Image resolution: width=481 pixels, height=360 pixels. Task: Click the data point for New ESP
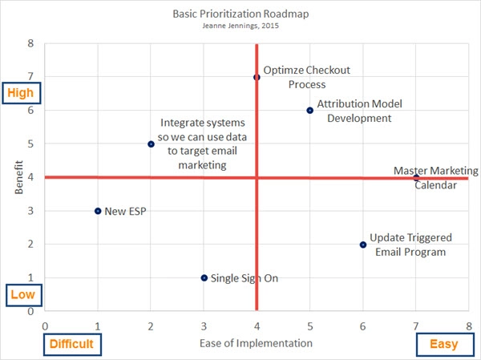point(98,211)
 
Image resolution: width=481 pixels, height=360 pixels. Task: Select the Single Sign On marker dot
point(204,278)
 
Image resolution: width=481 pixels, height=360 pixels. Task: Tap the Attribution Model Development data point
point(309,111)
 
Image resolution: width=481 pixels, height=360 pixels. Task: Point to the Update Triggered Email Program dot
point(363,245)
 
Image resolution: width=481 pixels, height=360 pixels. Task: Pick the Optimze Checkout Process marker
point(257,77)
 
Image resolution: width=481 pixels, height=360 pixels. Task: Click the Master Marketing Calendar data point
point(416,177)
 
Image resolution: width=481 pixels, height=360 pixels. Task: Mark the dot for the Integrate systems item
point(151,144)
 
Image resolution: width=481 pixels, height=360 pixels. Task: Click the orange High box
point(20,93)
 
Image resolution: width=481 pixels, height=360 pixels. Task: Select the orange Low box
point(21,295)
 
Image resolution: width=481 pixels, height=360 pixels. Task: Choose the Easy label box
point(443,345)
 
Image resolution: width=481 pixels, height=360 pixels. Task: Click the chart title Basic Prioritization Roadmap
point(240,14)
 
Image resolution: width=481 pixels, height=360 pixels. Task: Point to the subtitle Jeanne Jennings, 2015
point(240,25)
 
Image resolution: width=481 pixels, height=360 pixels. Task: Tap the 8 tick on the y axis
point(31,43)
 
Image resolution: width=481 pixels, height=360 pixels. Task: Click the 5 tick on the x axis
point(309,326)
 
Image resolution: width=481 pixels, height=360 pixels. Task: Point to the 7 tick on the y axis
point(31,77)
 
